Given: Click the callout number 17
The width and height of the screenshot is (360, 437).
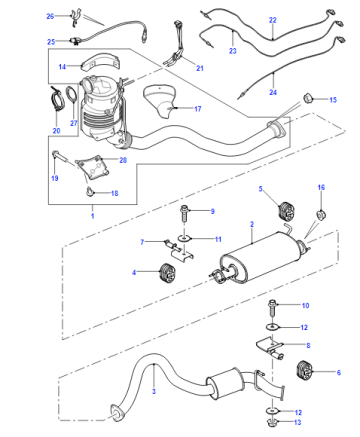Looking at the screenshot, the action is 198,109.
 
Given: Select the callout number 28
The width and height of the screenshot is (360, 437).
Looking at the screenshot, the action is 123,160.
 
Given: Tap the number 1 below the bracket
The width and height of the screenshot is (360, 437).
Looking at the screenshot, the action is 93,216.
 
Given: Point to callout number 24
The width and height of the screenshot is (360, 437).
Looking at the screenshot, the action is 273,92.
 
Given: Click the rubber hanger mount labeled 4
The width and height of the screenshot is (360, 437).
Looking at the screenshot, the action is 167,273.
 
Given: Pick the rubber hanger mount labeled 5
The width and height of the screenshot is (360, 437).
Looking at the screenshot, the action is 285,211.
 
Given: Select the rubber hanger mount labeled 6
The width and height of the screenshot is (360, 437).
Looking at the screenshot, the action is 304,370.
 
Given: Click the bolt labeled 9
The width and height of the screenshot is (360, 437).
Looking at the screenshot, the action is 184,213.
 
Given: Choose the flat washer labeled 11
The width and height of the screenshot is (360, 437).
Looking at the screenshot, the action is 184,238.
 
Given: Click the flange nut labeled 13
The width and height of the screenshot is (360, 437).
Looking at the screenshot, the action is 273,423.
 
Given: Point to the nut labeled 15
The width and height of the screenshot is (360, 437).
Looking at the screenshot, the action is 307,98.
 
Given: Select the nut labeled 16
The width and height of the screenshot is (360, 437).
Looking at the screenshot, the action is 321,215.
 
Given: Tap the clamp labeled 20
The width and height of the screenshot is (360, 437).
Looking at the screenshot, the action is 57,99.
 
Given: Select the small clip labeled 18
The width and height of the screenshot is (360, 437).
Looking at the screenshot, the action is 89,191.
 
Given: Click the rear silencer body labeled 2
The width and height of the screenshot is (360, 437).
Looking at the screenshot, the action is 260,257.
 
